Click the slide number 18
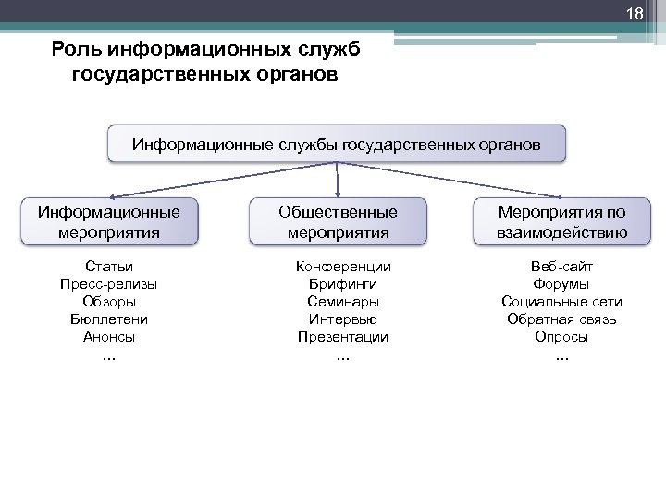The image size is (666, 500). click(634, 15)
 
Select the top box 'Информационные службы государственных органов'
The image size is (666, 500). click(337, 145)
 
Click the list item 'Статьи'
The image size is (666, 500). click(109, 267)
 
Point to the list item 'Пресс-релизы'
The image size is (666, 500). click(109, 284)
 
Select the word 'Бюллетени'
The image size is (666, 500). click(109, 319)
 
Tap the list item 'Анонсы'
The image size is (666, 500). click(109, 337)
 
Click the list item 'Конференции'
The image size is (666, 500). click(343, 267)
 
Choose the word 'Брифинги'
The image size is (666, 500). click(343, 284)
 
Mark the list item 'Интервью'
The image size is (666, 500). click(343, 319)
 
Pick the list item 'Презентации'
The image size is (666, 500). click(343, 337)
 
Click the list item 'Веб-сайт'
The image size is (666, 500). click(561, 267)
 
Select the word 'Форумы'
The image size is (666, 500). click(561, 284)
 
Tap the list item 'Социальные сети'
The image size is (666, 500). click(561, 302)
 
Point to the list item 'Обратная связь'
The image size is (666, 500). click(561, 319)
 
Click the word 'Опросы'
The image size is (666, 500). click(561, 337)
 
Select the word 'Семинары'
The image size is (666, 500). click(343, 302)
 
